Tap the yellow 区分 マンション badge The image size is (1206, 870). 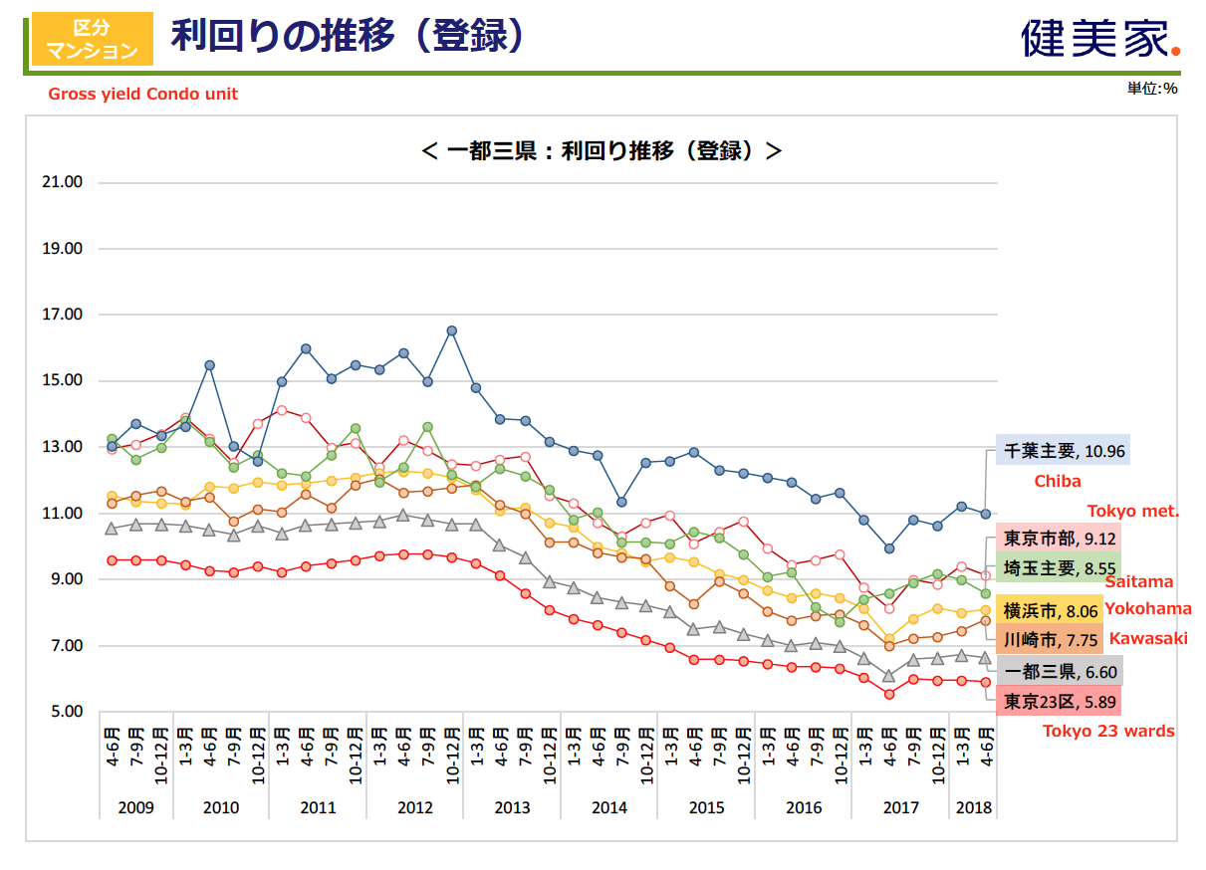tap(92, 38)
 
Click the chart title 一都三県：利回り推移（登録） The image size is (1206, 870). tap(602, 150)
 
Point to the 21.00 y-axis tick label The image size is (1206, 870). tap(62, 182)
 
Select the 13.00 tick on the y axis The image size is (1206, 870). tap(62, 447)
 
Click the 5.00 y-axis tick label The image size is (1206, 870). tap(62, 712)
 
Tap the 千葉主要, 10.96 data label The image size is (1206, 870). tap(1063, 450)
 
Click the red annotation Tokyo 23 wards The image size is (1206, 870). tap(1108, 731)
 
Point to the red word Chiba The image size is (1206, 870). tap(1058, 482)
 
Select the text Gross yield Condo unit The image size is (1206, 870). tap(143, 94)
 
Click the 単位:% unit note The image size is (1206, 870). tap(1152, 89)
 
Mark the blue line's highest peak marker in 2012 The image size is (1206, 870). tap(451, 330)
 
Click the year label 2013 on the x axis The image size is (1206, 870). tap(512, 807)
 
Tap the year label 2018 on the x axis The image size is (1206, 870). tap(974, 807)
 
